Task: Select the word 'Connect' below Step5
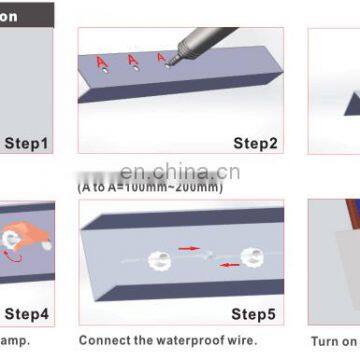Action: pyautogui.click(x=106, y=340)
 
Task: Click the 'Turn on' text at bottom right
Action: pyautogui.click(x=332, y=340)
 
